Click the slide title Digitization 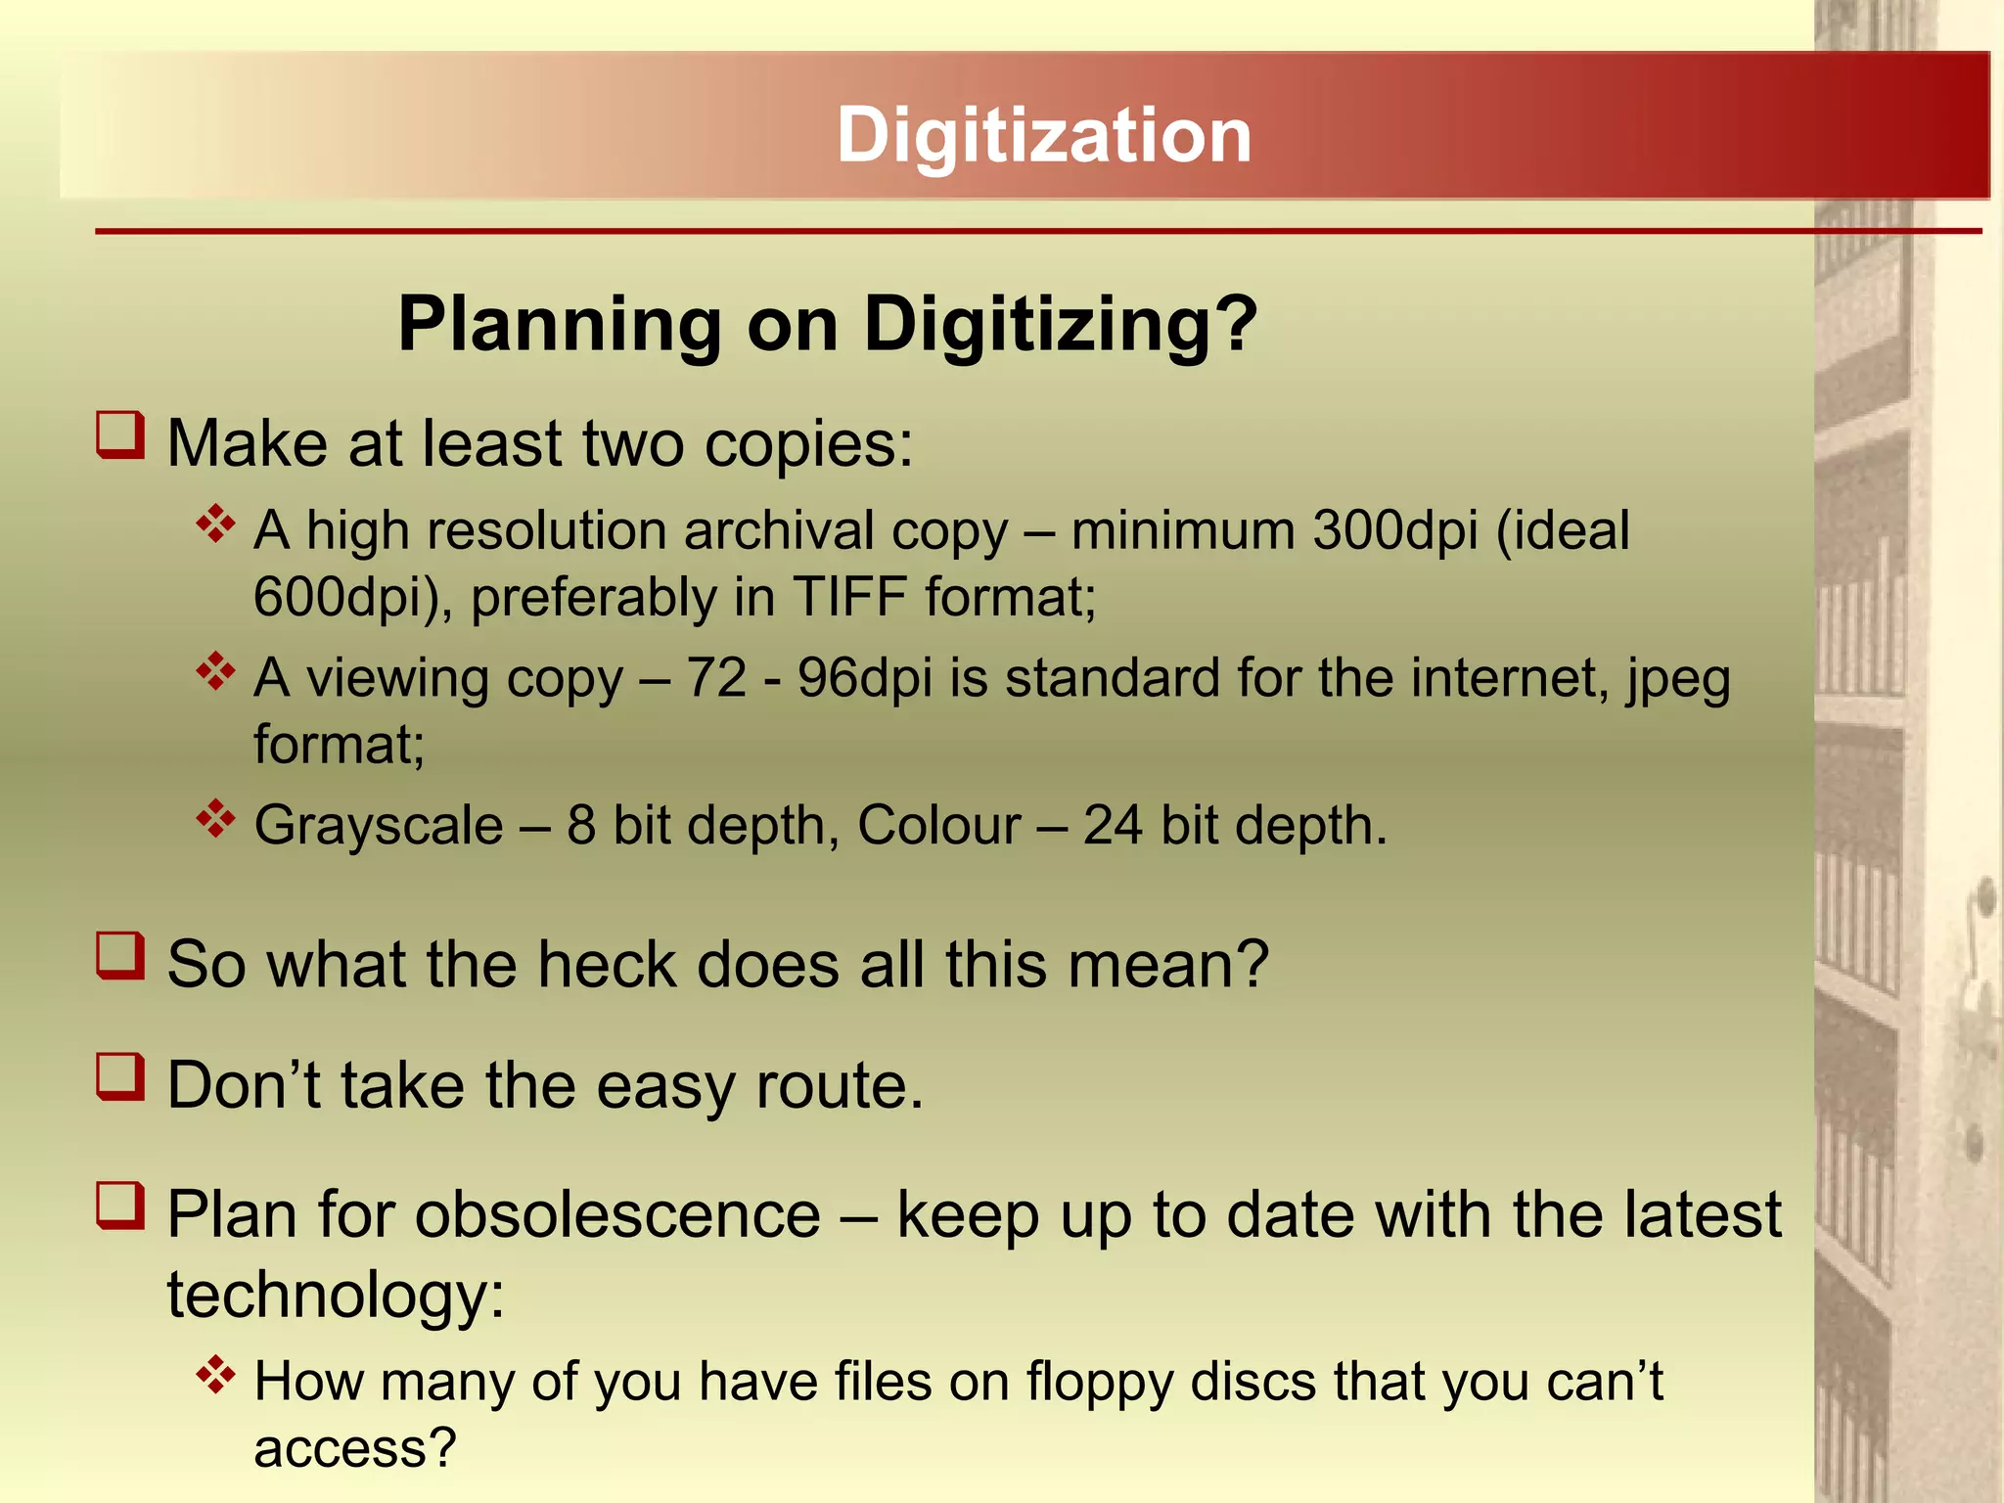coord(1043,135)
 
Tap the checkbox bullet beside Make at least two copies coord(120,435)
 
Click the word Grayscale coord(379,825)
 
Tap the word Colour coord(938,825)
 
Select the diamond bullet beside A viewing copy coord(215,672)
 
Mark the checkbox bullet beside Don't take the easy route coord(120,1076)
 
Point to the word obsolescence coord(617,1215)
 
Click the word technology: coord(336,1296)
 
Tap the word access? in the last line coord(355,1447)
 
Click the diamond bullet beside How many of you coord(215,1376)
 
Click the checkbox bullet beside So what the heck coord(120,956)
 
